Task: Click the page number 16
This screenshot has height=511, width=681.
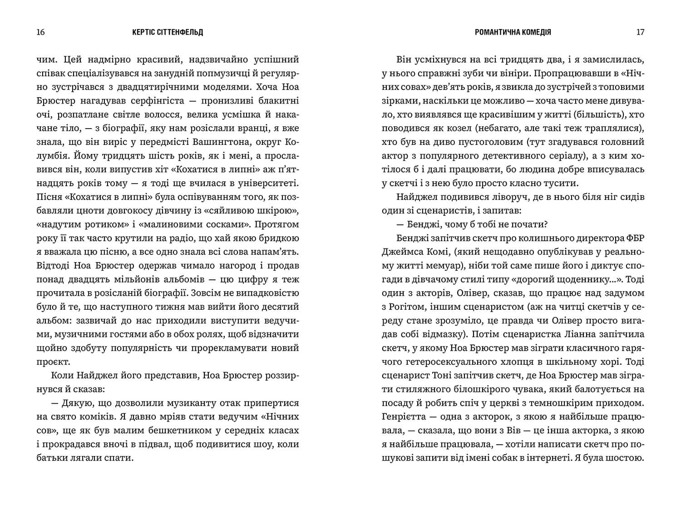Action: tap(39, 32)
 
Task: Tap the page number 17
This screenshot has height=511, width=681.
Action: tap(640, 32)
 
